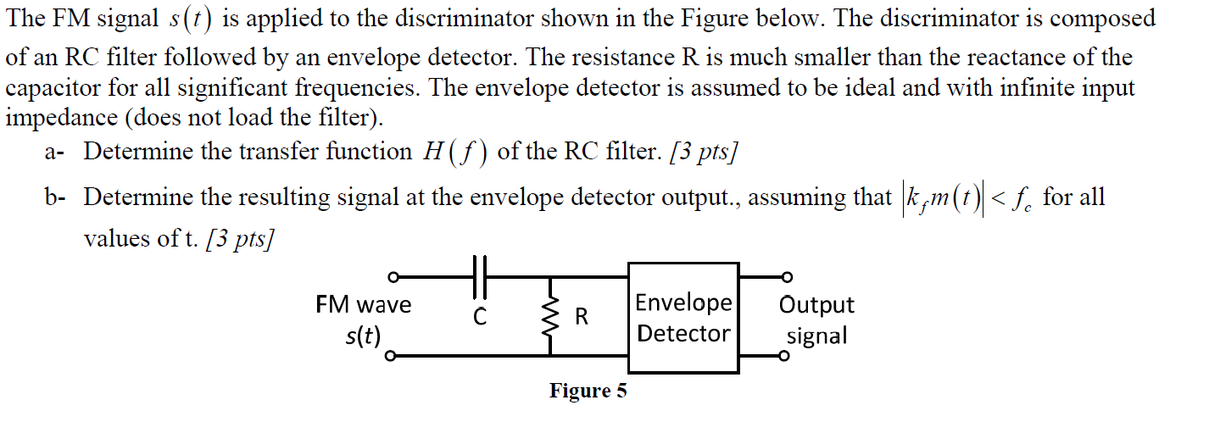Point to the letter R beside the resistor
click(x=582, y=318)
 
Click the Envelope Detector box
click(x=682, y=318)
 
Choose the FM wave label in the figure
click(x=363, y=304)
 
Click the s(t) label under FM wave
click(x=363, y=336)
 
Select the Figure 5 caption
click(x=588, y=391)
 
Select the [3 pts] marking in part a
click(x=703, y=153)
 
